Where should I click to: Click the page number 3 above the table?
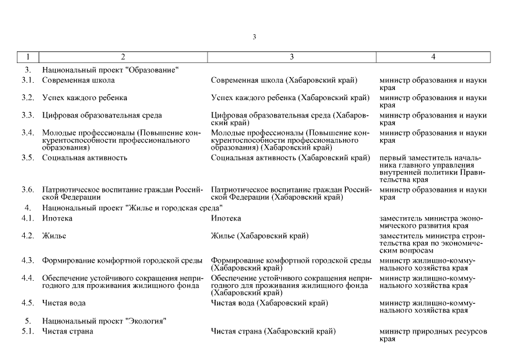tap(254, 37)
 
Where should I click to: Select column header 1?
tap(28, 57)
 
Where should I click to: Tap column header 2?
tap(123, 57)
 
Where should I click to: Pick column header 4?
tap(433, 57)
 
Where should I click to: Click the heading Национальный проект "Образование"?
tap(110, 70)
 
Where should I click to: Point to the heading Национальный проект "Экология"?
tap(104, 321)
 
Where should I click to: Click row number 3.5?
tap(28, 157)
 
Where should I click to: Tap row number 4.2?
tap(28, 236)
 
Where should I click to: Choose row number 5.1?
tap(28, 331)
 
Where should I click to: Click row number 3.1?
tap(28, 80)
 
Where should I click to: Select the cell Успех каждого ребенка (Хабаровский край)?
tap(290, 98)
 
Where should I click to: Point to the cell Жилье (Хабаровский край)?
tap(259, 236)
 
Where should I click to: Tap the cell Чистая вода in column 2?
tap(64, 303)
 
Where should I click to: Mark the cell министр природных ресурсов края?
tap(433, 335)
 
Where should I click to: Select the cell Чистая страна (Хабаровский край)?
tap(273, 331)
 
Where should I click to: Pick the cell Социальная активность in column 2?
tap(84, 157)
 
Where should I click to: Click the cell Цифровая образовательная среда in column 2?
tap(102, 115)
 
